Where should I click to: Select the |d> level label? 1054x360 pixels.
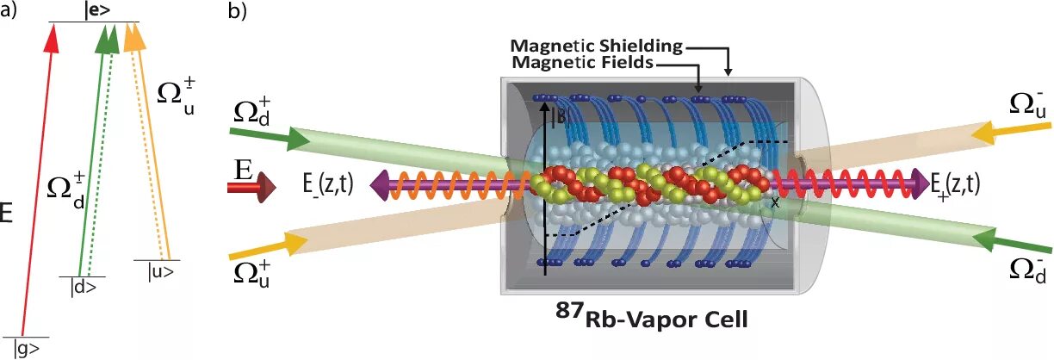[82, 289]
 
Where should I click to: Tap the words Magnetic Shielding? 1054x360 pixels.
[596, 45]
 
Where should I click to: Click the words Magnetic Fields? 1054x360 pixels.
[581, 63]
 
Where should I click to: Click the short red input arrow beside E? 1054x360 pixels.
[259, 183]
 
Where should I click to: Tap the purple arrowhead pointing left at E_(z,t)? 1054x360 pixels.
[377, 183]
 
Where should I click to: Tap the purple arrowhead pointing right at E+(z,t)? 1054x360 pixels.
[922, 183]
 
